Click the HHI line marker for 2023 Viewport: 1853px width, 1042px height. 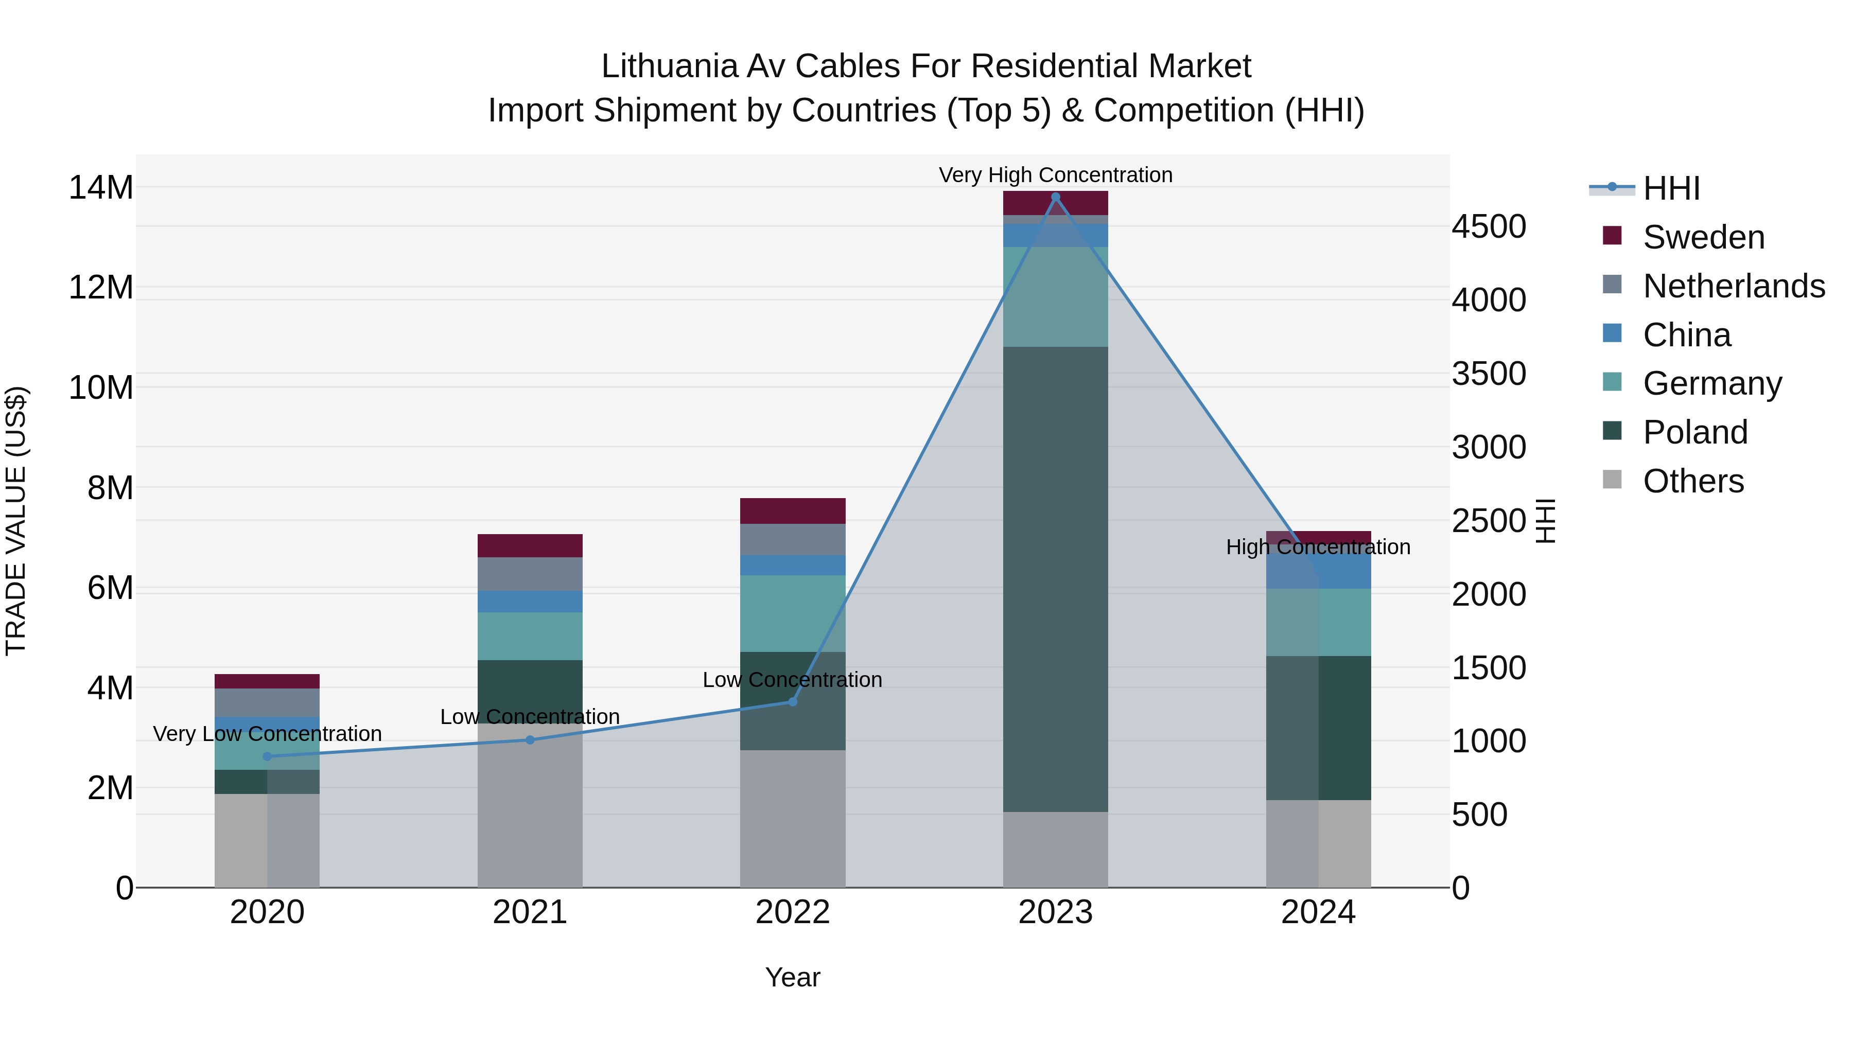click(x=1055, y=197)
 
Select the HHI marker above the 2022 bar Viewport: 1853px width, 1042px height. click(x=793, y=701)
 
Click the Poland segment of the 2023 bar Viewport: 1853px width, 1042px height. click(x=1055, y=579)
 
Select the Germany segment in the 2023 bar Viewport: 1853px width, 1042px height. click(x=1055, y=296)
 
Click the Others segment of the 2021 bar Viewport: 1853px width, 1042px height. click(x=530, y=805)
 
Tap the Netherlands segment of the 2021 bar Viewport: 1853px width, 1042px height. click(x=530, y=574)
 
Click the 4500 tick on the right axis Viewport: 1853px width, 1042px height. click(x=1488, y=226)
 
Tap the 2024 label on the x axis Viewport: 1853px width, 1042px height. click(x=1318, y=912)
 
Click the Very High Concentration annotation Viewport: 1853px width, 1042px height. click(x=1055, y=175)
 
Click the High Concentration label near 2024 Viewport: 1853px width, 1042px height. click(x=1318, y=548)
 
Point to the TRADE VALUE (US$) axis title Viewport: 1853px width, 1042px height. click(x=16, y=521)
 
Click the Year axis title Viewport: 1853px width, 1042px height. click(x=793, y=977)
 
